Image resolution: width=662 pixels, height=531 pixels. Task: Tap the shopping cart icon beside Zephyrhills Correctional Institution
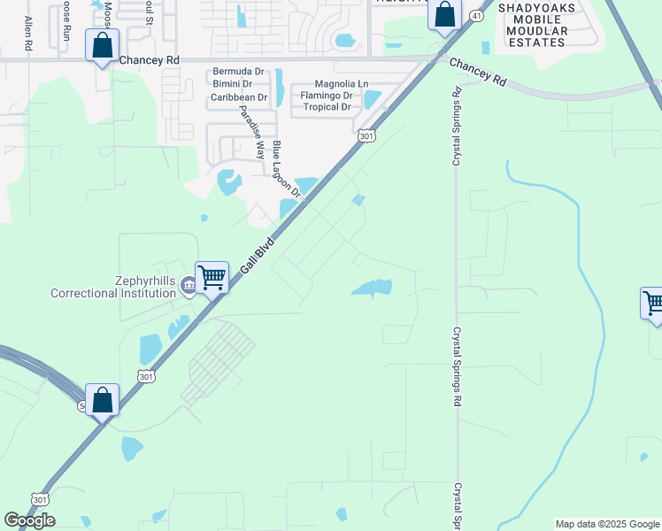pyautogui.click(x=212, y=277)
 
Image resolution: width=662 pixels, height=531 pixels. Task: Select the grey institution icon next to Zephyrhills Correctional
pyautogui.click(x=188, y=287)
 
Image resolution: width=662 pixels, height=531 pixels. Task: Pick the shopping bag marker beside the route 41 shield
pyautogui.click(x=444, y=14)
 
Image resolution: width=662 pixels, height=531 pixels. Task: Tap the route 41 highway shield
pyautogui.click(x=476, y=16)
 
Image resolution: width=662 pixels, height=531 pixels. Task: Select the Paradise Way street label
pyautogui.click(x=253, y=133)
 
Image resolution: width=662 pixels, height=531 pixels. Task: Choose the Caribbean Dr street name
pyautogui.click(x=238, y=96)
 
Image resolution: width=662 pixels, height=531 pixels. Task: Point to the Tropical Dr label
pyautogui.click(x=327, y=107)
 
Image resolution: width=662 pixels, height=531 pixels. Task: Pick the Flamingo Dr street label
pyautogui.click(x=327, y=96)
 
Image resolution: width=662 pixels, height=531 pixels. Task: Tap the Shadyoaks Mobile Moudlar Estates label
pyautogui.click(x=537, y=25)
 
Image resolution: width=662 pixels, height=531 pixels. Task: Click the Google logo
pyautogui.click(x=29, y=520)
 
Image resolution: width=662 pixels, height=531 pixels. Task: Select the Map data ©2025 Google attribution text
pyautogui.click(x=607, y=524)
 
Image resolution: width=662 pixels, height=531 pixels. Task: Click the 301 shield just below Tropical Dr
pyautogui.click(x=366, y=135)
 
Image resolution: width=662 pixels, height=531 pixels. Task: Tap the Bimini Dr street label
pyautogui.click(x=233, y=84)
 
